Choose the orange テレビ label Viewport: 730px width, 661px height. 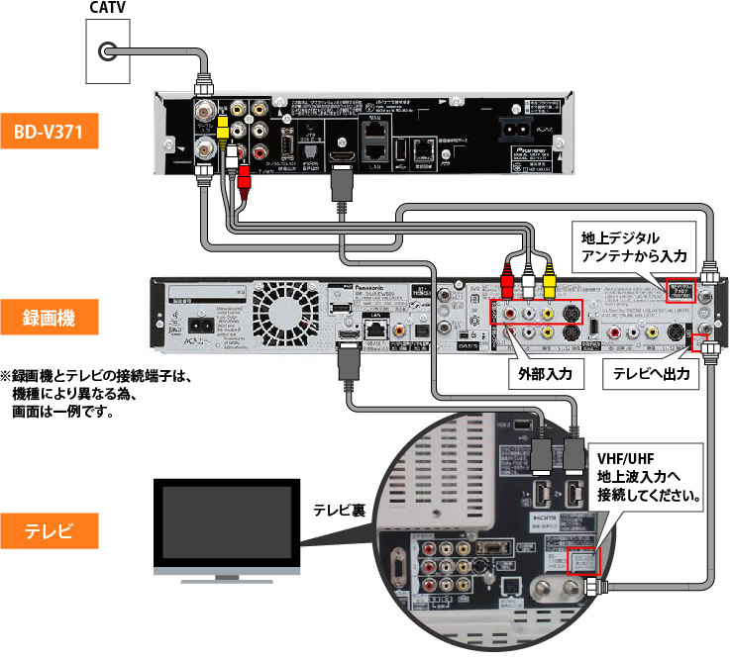click(50, 529)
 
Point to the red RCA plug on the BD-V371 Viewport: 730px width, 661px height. click(245, 180)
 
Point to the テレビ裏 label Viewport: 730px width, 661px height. click(340, 511)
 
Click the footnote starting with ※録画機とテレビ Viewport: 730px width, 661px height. click(105, 392)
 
